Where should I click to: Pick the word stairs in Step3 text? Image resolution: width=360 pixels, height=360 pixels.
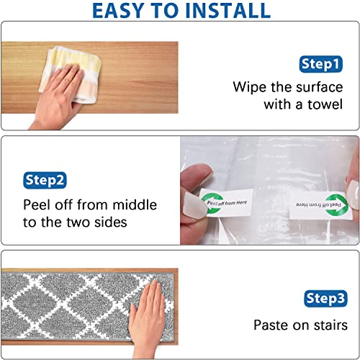328,325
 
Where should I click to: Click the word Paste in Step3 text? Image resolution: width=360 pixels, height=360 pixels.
271,325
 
